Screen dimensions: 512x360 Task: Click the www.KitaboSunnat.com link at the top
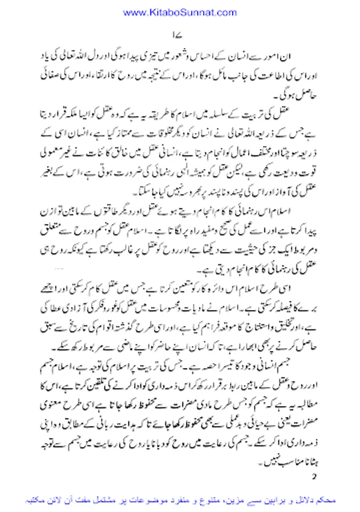(x=180, y=12)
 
